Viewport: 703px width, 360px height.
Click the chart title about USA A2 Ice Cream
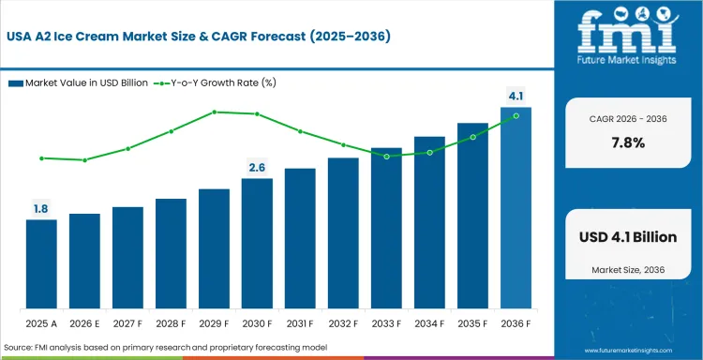(x=198, y=37)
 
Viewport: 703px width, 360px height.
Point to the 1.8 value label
(x=41, y=209)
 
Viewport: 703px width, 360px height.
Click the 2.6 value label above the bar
(x=257, y=168)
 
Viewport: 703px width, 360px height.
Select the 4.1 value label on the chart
(x=516, y=96)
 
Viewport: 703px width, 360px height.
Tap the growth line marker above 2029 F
(x=214, y=112)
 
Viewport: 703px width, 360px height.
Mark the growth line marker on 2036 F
(x=516, y=116)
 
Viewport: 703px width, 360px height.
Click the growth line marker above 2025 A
(x=41, y=158)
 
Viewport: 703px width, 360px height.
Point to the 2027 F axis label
(x=127, y=322)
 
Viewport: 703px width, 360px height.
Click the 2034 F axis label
(x=429, y=322)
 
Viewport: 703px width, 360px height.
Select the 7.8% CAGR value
(x=627, y=142)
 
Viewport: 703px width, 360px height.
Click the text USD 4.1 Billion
(x=627, y=238)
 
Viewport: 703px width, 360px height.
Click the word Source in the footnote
(x=21, y=346)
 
